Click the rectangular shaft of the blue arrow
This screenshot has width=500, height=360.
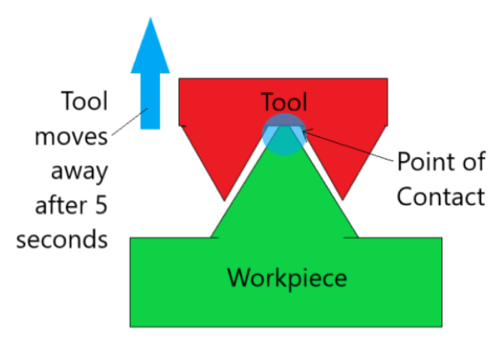150,101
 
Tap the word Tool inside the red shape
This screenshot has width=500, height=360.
283,101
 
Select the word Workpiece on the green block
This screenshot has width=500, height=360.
287,278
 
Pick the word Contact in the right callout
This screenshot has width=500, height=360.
441,196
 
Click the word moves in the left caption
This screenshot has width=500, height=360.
71,138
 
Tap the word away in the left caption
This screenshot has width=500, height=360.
80,172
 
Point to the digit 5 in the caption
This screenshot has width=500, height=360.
101,205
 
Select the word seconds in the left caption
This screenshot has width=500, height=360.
62,240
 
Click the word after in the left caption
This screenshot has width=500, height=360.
62,205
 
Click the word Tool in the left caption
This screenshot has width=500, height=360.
84,101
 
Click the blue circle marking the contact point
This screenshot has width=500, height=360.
284,135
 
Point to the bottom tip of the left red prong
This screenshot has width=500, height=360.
225,201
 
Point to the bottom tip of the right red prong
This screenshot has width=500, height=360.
342,200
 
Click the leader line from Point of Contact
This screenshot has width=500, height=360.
348,146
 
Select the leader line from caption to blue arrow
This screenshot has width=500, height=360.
129,122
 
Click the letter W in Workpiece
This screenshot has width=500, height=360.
238,278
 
